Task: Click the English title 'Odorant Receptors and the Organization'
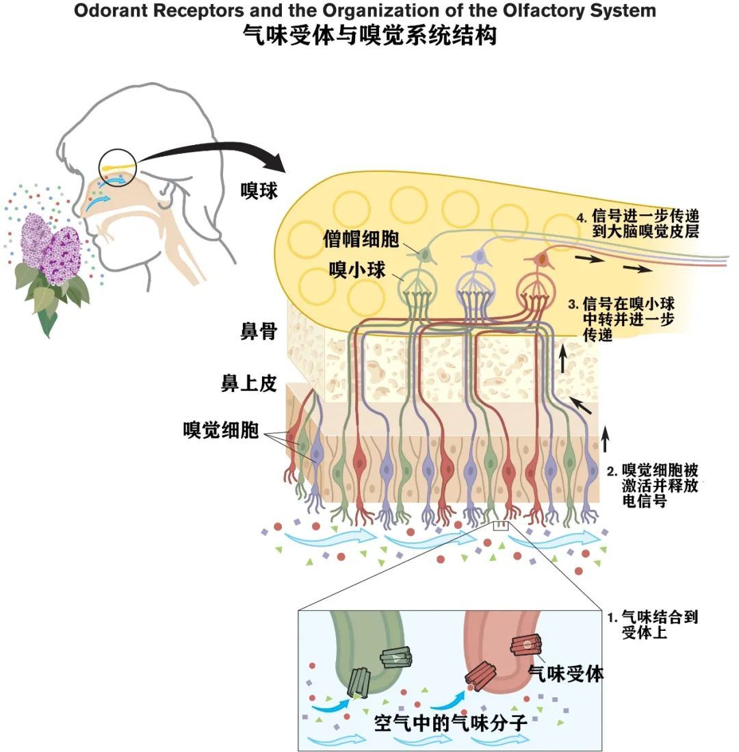click(x=365, y=11)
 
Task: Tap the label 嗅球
click(x=259, y=191)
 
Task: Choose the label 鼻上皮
click(x=248, y=383)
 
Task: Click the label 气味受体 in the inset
click(x=566, y=673)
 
